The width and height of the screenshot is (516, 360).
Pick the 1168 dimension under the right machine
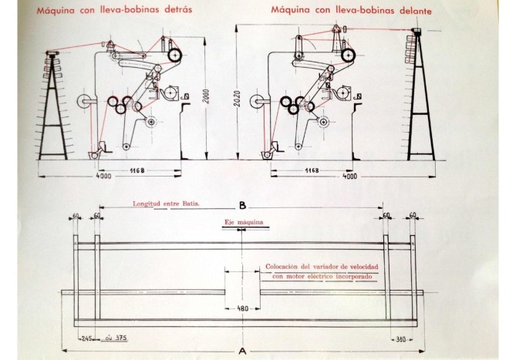[312, 170]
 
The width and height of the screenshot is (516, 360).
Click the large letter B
[242, 206]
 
